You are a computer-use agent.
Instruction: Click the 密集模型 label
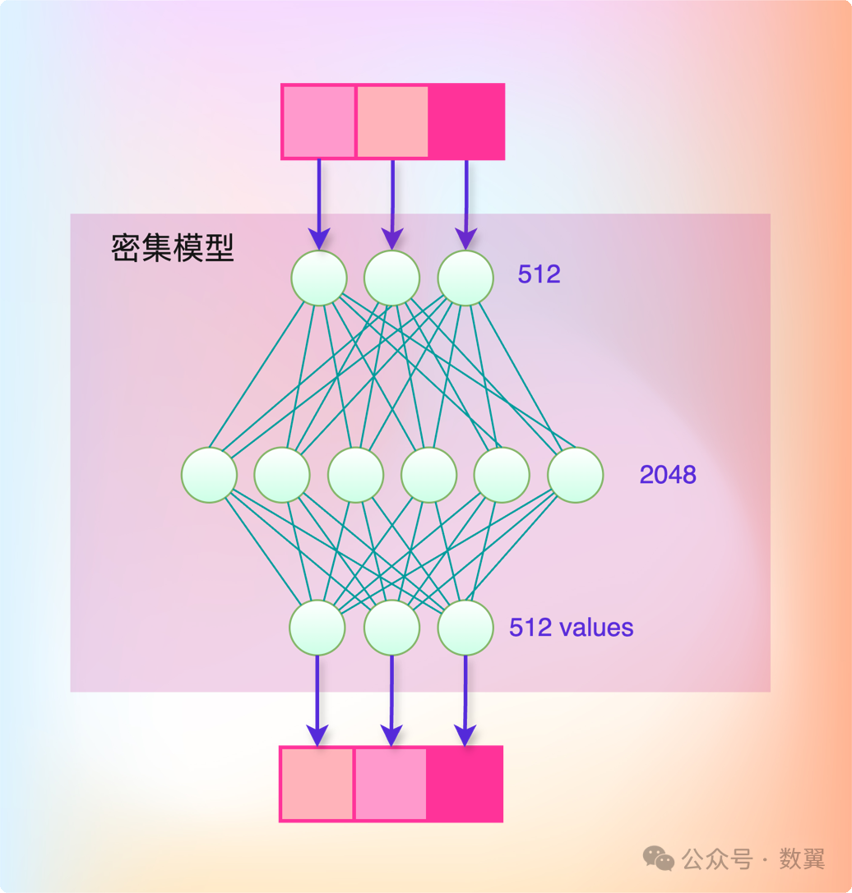tap(173, 247)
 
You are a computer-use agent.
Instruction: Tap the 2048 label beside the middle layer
tap(668, 474)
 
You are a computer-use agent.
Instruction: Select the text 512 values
tap(572, 628)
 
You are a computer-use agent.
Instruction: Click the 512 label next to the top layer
tap(539, 274)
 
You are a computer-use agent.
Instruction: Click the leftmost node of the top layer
tap(318, 278)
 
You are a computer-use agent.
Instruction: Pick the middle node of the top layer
tap(392, 278)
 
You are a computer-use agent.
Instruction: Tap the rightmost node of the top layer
tap(465, 278)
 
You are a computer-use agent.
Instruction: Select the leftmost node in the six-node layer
tap(209, 475)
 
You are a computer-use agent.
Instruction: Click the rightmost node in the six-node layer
tap(575, 475)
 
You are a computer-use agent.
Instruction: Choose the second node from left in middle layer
tap(282, 475)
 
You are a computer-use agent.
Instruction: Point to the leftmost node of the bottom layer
tap(317, 628)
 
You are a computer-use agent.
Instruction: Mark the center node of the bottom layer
tap(391, 628)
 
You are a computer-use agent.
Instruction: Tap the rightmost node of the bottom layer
tap(465, 628)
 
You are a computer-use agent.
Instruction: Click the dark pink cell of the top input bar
tap(465, 121)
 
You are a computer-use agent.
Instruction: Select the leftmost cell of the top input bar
tap(319, 121)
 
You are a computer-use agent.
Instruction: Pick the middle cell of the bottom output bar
tap(391, 784)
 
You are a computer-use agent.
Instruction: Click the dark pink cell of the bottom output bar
tap(465, 784)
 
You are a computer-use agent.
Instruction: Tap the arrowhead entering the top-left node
tap(319, 239)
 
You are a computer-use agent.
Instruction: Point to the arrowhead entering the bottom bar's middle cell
tap(391, 734)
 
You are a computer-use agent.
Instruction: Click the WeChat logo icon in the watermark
tap(658, 858)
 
